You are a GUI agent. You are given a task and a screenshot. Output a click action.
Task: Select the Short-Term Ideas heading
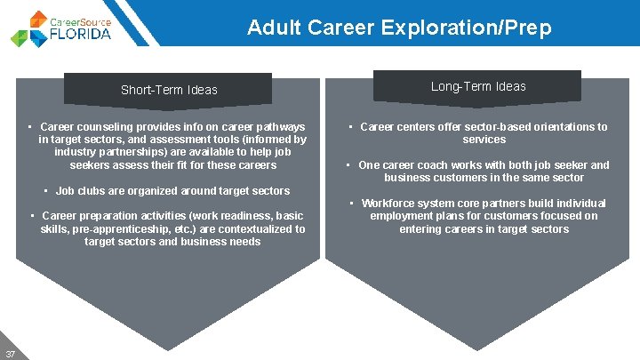coord(169,90)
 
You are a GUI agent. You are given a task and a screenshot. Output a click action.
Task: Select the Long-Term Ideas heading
coord(478,86)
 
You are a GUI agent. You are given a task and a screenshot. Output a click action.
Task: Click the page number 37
coord(10,353)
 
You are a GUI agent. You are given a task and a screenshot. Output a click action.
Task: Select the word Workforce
coord(388,204)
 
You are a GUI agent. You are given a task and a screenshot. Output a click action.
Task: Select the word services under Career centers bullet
coord(484,140)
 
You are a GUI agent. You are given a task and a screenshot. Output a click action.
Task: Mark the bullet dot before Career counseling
coord(30,127)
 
